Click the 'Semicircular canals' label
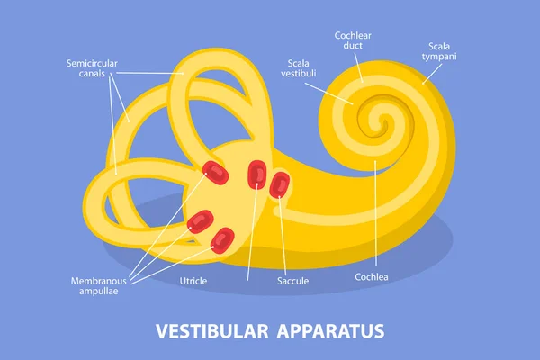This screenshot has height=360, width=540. point(92,69)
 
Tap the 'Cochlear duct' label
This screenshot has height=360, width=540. point(353,41)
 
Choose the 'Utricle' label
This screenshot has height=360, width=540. point(193,281)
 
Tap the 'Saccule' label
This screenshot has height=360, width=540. point(293,281)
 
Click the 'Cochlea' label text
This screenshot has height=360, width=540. point(372,276)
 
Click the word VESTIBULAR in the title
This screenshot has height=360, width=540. point(212,330)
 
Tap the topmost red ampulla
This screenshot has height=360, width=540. point(215,172)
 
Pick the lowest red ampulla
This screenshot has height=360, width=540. point(221,239)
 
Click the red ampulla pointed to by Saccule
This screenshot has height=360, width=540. point(279,184)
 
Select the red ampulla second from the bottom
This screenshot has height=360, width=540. point(200,220)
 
